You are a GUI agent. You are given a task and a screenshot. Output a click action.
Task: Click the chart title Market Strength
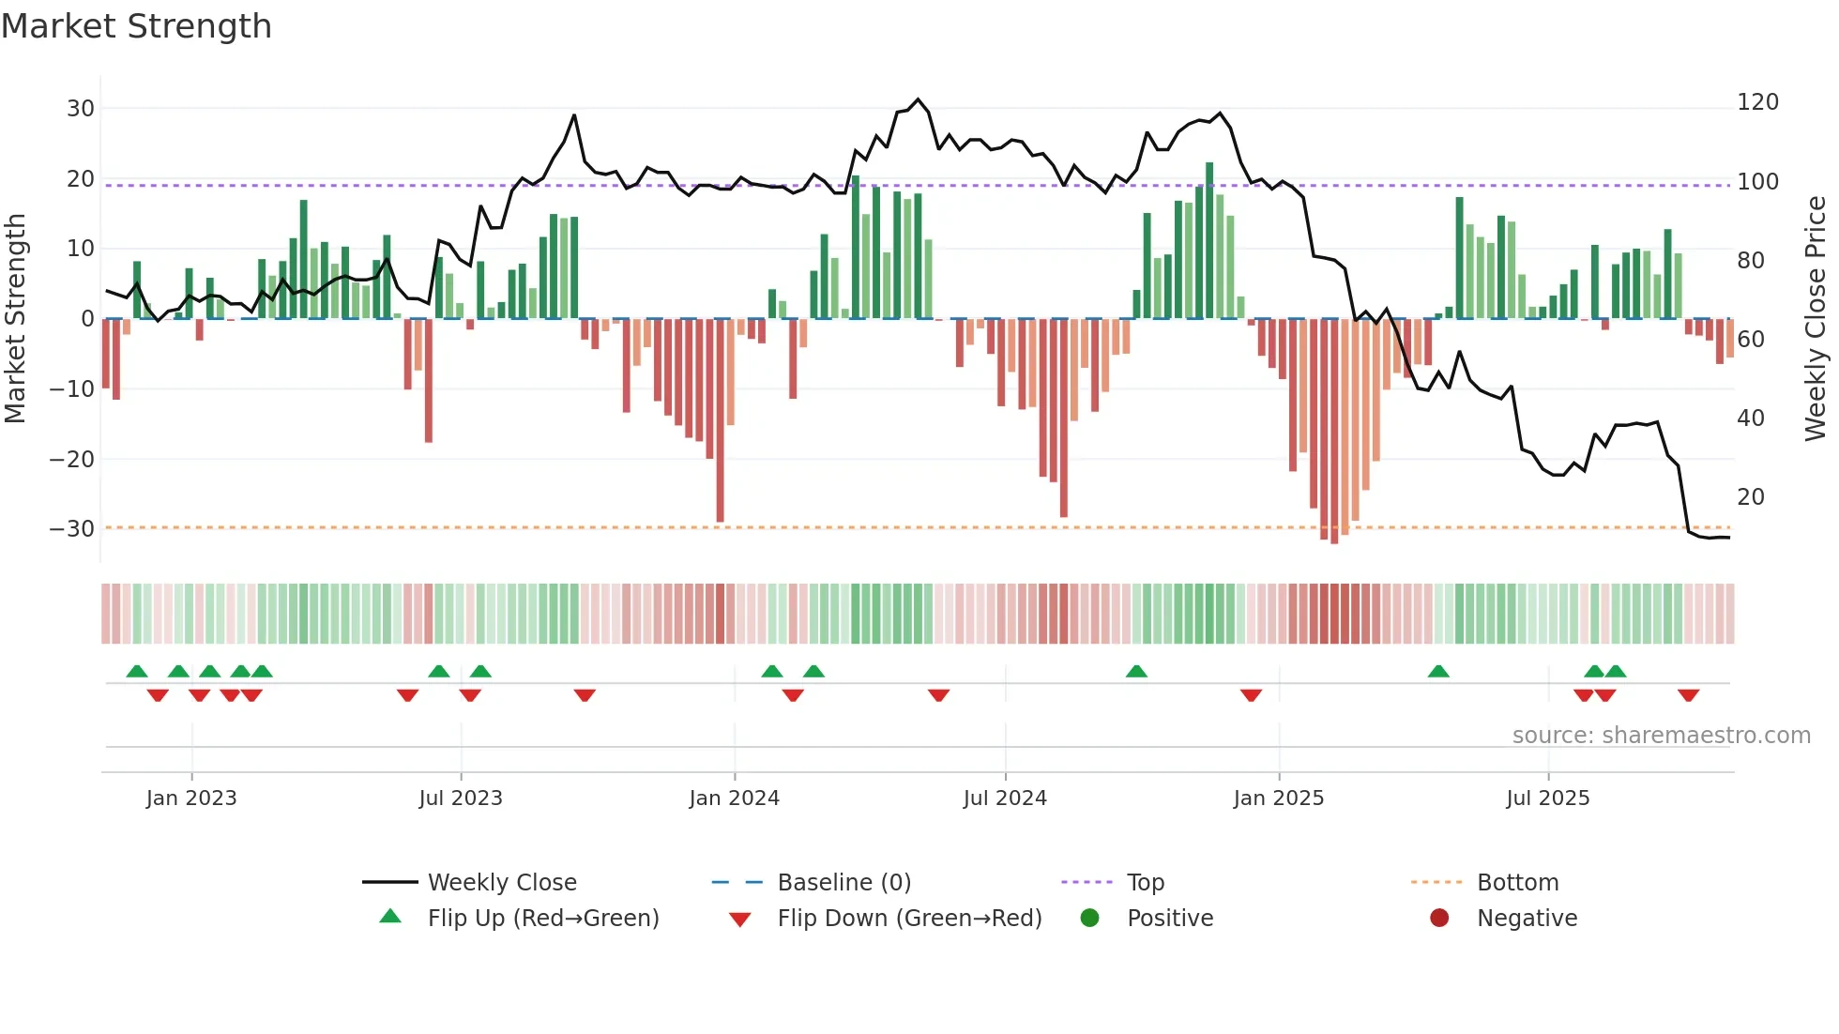coord(136,26)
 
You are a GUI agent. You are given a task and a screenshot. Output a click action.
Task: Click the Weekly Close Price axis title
coord(1816,319)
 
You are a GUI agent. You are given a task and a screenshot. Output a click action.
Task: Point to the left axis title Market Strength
coord(15,319)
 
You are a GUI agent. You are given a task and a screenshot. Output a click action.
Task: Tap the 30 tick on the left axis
coord(81,109)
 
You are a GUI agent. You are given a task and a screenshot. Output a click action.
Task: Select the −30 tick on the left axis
coord(73,529)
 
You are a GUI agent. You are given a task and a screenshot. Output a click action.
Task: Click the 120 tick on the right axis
coord(1757,102)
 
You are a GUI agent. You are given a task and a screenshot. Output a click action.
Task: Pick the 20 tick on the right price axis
coord(1751,497)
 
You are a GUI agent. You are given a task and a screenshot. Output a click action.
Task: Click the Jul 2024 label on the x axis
coord(1005,798)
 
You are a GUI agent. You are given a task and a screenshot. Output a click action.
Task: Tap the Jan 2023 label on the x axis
coord(191,798)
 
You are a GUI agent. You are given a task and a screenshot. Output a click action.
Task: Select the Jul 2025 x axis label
coord(1548,798)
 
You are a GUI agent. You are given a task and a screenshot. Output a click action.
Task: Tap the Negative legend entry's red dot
coord(1439,919)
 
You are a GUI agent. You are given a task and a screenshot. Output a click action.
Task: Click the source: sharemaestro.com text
coord(1661,736)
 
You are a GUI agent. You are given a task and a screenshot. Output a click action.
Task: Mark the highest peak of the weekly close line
coord(919,99)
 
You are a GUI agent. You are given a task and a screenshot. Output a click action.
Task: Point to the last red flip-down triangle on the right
coord(1689,695)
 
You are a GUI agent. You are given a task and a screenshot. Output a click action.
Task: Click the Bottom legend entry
coord(1517,883)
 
